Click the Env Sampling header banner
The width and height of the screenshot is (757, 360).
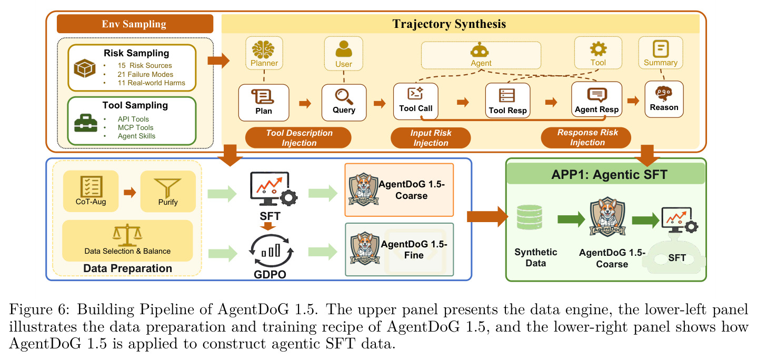coord(135,24)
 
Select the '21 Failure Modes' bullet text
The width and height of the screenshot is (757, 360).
coord(145,74)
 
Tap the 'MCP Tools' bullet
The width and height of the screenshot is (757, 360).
coord(135,127)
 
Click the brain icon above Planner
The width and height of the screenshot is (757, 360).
coord(263,49)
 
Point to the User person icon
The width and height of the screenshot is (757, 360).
coord(344,49)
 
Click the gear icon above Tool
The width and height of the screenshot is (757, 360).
coord(598,49)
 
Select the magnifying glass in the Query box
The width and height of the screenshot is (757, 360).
coord(344,96)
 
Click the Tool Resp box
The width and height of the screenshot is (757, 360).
coord(507,101)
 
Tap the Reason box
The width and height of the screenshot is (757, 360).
coord(664,99)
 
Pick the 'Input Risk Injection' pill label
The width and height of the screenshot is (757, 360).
coord(431,138)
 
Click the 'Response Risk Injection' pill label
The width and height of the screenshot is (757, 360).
coord(587,137)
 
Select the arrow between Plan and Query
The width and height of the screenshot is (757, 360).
coord(305,103)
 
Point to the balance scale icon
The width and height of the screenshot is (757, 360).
coord(127,235)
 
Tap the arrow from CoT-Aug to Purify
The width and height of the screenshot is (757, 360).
coord(130,192)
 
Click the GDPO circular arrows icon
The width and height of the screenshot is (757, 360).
coord(271,251)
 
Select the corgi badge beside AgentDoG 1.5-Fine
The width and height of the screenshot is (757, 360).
coord(365,248)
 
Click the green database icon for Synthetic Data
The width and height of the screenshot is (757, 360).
coord(529,217)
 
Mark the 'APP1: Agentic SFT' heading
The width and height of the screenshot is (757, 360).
coord(609,175)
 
